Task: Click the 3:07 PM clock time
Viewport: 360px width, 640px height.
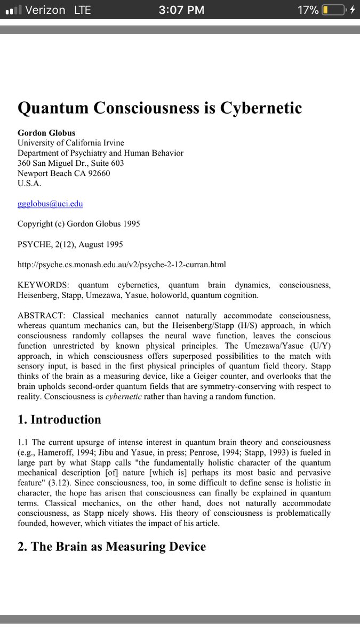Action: [181, 10]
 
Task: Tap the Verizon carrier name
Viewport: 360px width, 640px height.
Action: [45, 10]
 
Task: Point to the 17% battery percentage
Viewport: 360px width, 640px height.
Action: [308, 10]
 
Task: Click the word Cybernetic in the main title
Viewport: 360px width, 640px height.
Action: [258, 108]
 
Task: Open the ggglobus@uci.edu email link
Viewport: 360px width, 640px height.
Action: [50, 204]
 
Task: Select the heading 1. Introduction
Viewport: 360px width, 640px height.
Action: [59, 419]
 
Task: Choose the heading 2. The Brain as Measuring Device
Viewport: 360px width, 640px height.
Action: [111, 546]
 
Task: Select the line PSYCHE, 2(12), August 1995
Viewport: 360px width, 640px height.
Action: [70, 244]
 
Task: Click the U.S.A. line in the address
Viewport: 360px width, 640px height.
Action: [29, 183]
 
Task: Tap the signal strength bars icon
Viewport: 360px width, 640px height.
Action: [12, 10]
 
